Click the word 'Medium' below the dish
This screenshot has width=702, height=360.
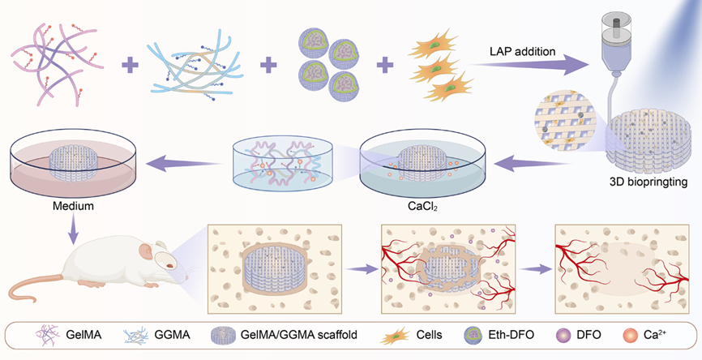(75, 206)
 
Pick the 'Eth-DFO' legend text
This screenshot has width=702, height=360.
(511, 335)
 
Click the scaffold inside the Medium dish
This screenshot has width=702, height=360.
(74, 157)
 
